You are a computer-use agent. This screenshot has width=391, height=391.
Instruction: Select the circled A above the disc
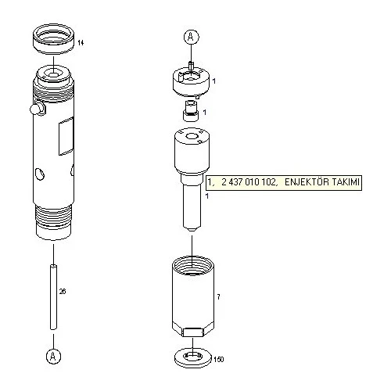click(191, 36)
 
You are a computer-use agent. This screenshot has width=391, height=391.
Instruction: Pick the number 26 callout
click(63, 291)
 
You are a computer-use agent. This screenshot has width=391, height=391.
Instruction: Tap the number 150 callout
click(218, 360)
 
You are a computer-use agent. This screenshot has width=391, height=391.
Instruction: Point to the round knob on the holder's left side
click(31, 107)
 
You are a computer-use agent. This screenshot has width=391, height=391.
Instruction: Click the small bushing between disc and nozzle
click(188, 111)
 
